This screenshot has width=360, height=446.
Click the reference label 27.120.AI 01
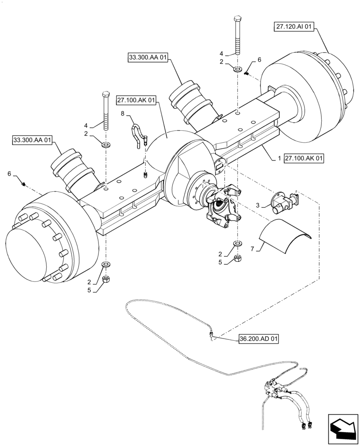point(294,27)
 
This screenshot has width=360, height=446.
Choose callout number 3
point(258,206)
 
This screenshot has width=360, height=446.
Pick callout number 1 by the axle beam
point(279,158)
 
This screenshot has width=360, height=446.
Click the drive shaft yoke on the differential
point(221,206)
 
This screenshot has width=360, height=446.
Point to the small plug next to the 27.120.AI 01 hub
point(247,72)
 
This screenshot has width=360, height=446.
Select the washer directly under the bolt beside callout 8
point(106,145)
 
